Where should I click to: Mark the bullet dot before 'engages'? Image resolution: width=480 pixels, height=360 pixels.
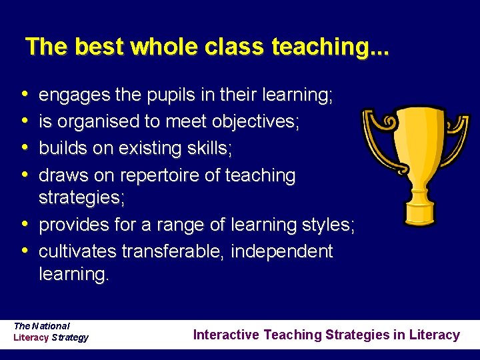(25, 95)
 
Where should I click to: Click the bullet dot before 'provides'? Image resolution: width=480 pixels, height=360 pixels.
(25, 224)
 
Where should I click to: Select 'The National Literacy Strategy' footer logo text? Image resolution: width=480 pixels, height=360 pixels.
(51, 331)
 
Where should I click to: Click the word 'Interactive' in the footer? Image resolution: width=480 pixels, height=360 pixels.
(227, 335)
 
